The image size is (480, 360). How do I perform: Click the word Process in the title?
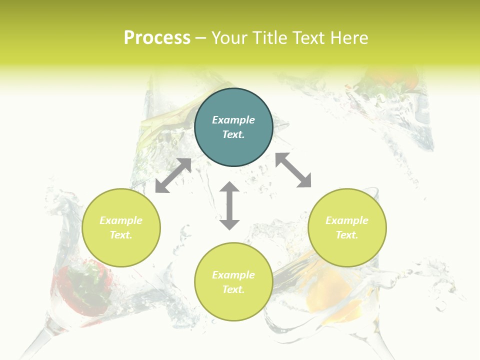[157, 38]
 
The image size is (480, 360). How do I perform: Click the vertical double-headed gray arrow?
[229, 205]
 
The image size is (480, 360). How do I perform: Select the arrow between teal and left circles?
[173, 175]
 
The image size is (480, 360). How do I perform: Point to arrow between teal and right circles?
[293, 170]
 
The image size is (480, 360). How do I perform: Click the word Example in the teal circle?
[233, 120]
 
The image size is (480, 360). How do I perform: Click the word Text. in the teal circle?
[233, 134]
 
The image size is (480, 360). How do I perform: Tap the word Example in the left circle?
[121, 220]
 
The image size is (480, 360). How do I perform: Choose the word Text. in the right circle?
[347, 235]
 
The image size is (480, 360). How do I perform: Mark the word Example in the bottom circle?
[233, 275]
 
